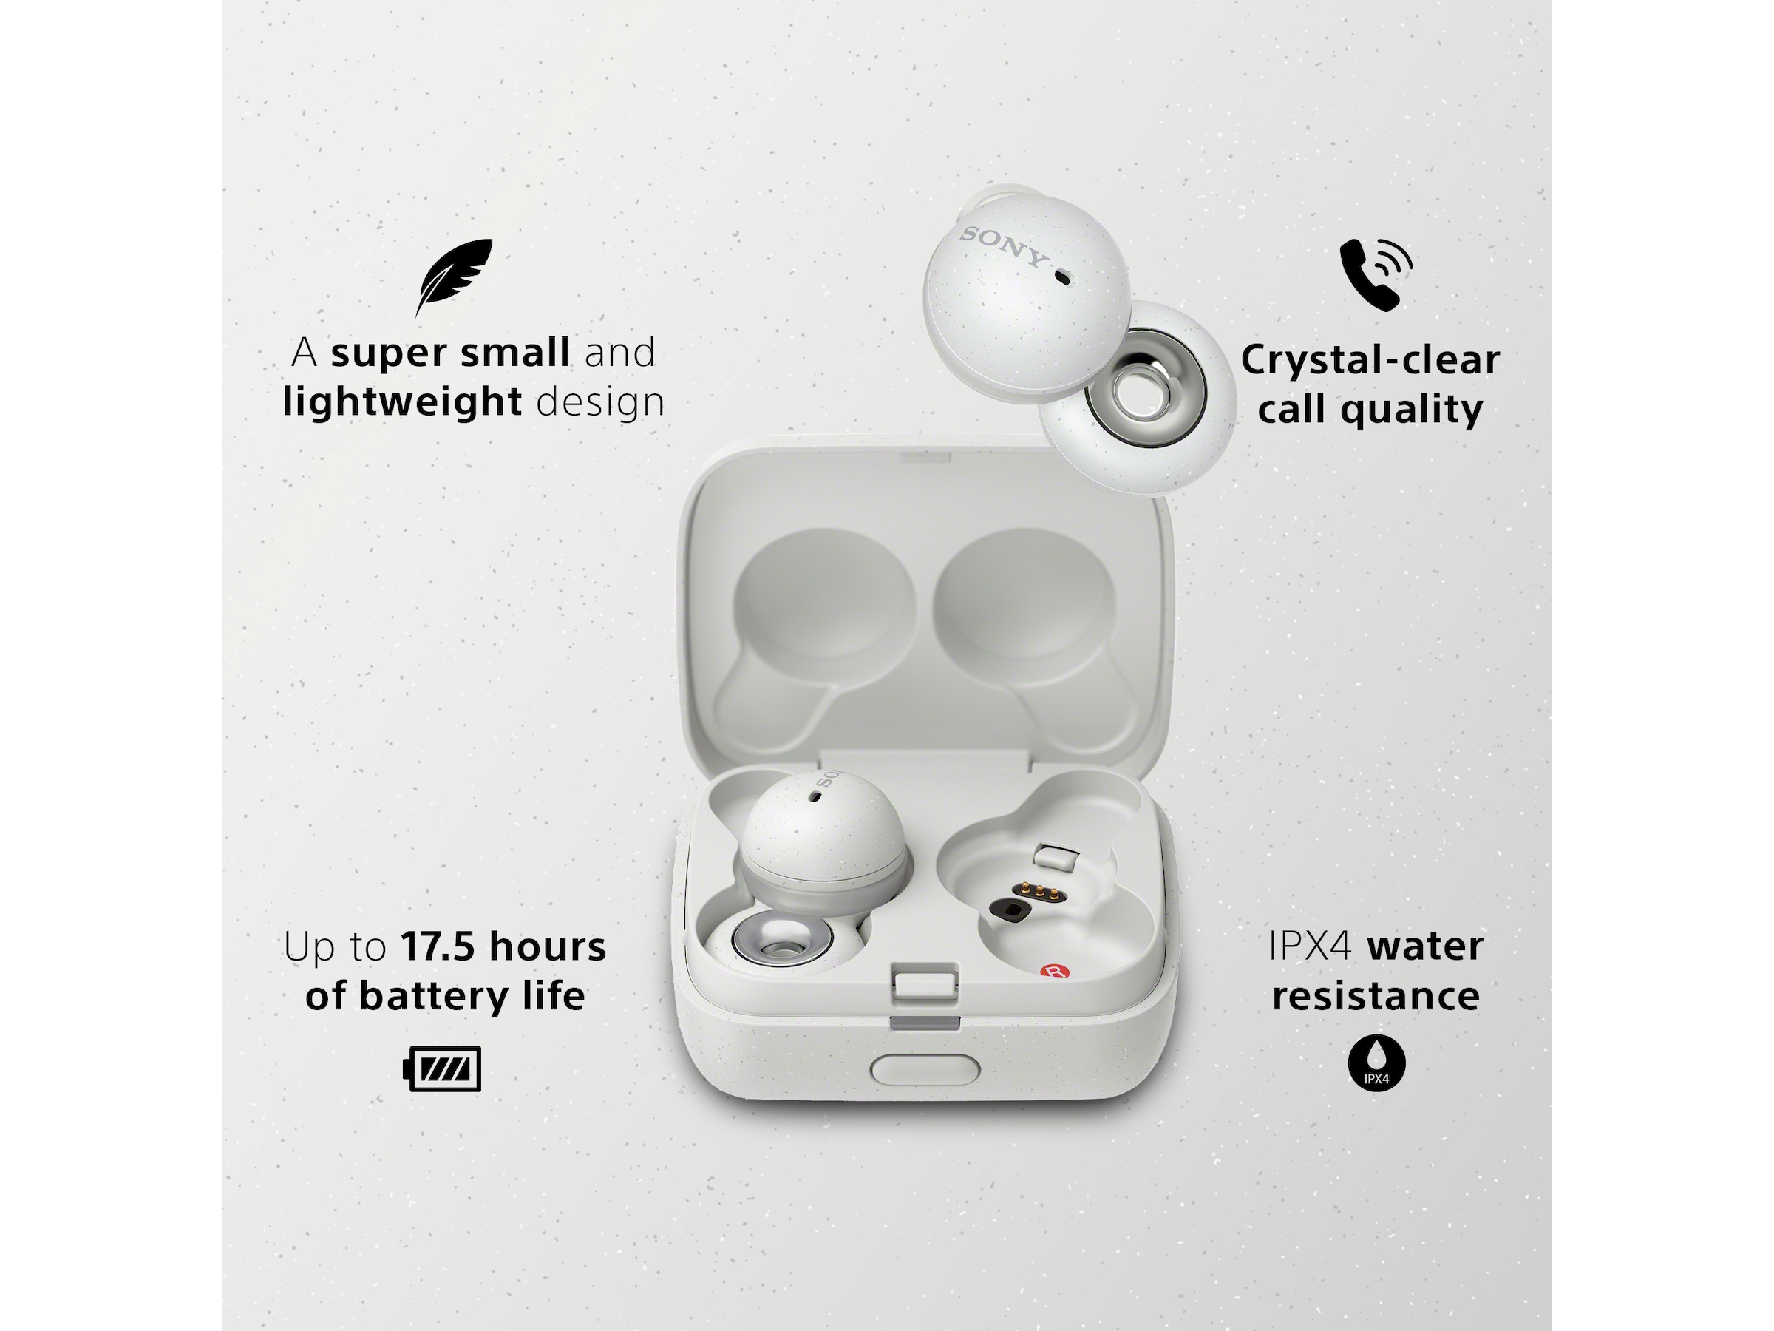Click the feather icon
(454, 276)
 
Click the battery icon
(442, 1068)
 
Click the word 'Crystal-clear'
(1370, 360)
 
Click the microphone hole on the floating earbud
(1063, 277)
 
